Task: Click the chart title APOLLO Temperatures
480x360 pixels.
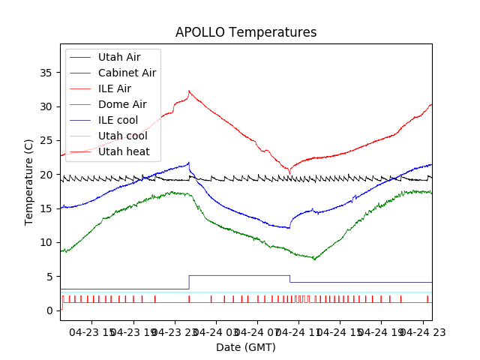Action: pos(246,32)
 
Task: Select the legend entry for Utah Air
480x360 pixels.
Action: pos(118,56)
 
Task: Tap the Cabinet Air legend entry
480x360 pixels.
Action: pos(127,73)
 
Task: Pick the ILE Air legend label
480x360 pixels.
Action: pos(114,88)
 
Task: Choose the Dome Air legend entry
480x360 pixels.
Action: pos(122,104)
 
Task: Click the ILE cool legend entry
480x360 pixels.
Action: pos(118,120)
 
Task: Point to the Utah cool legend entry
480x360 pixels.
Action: pos(122,136)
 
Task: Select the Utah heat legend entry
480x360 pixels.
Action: pos(124,151)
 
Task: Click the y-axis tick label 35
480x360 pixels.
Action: pos(46,73)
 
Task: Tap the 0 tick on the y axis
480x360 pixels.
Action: pos(49,310)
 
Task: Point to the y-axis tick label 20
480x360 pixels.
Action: pos(46,175)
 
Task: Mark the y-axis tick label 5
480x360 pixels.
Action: pos(49,277)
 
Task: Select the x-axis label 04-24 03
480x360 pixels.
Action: pos(217,331)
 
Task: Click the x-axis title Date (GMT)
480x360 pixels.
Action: pos(246,347)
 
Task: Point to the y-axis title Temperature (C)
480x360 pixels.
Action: pos(29,182)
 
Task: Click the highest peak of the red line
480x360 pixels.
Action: pos(189,91)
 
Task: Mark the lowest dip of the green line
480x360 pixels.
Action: pos(315,259)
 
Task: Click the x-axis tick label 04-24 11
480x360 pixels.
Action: pos(299,331)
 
